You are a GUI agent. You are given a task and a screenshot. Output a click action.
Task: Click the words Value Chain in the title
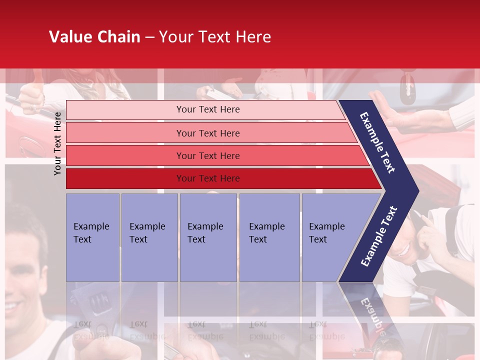click(94, 37)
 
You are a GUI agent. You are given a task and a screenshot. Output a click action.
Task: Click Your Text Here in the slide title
click(215, 37)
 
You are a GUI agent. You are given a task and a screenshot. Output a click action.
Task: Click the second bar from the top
click(207, 133)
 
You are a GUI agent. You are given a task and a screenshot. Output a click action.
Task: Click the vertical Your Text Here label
click(58, 143)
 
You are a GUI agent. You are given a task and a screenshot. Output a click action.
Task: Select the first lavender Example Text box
click(92, 237)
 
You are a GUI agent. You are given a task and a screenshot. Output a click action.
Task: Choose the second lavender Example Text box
click(149, 237)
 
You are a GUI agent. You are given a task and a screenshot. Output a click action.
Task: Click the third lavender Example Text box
click(208, 237)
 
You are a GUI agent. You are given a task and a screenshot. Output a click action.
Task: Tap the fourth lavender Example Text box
click(269, 237)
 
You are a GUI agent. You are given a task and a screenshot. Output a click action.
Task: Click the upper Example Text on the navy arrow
click(377, 142)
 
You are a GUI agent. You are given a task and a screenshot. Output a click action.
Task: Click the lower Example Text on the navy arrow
click(379, 236)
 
